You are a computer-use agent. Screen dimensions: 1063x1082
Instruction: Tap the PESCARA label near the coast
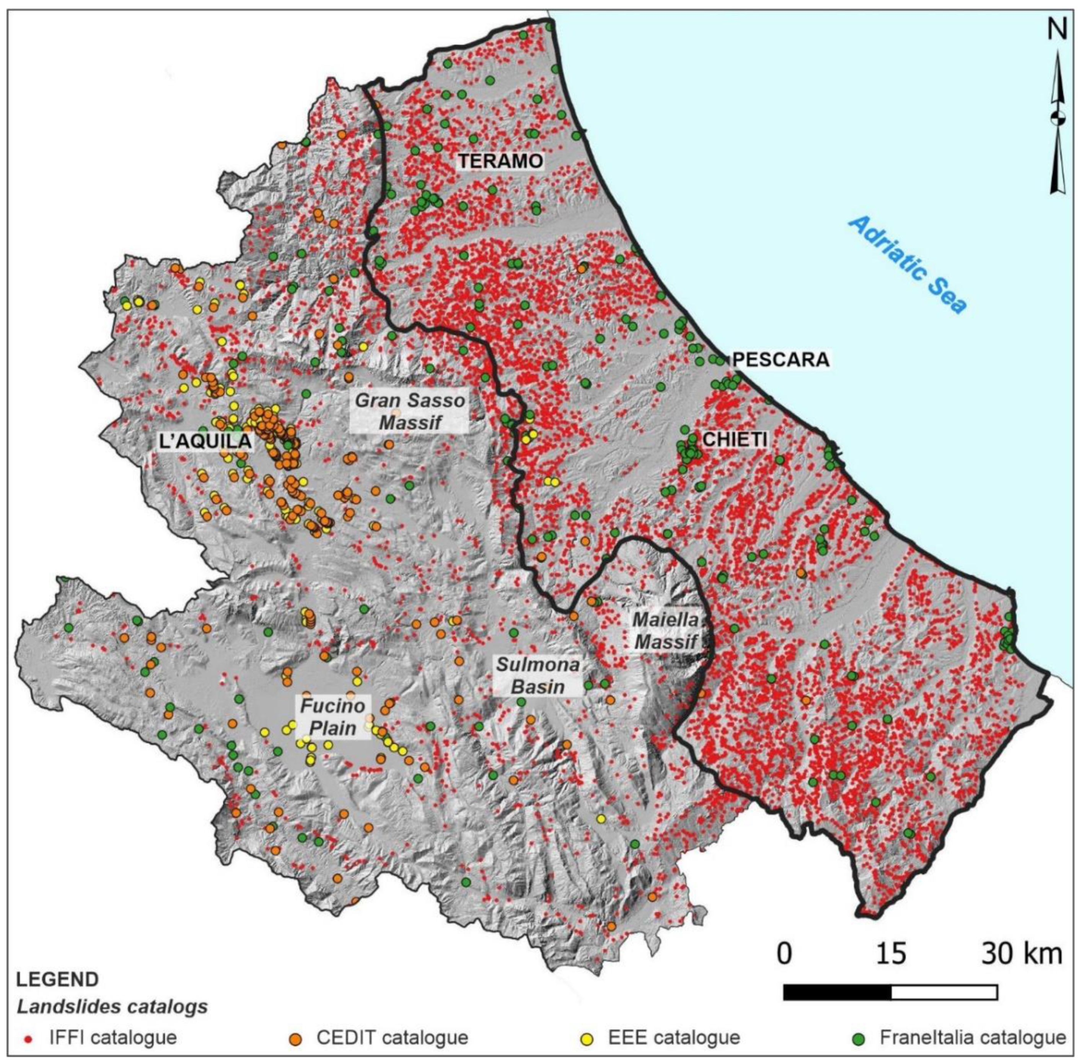(x=780, y=359)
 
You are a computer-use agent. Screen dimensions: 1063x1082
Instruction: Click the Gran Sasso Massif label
(x=410, y=411)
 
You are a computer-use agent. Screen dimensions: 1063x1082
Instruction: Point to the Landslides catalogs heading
(x=112, y=1007)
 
